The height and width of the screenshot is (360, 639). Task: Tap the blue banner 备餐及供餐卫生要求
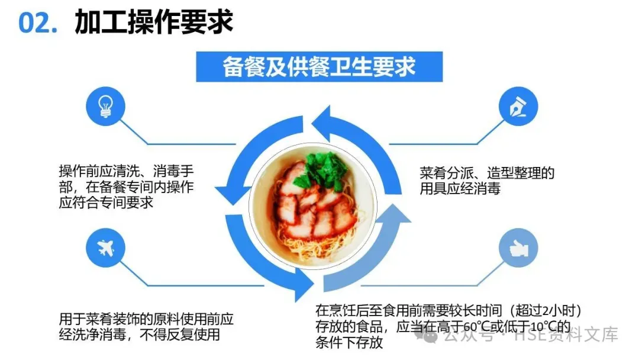319,66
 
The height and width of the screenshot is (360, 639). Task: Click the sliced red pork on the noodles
314,207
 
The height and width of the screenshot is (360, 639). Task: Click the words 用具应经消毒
460,189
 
